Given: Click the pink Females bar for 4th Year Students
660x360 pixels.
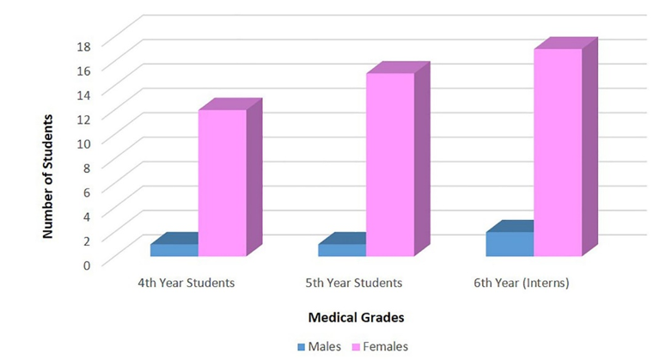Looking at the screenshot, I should (x=222, y=183).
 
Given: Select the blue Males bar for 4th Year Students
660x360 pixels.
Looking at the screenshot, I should (x=174, y=250).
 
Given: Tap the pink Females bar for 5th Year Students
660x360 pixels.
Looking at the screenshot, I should (x=389, y=165).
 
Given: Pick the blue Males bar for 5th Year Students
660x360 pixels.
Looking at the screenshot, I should (x=341, y=250).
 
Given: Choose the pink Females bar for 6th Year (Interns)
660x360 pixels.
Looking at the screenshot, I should (x=557, y=152).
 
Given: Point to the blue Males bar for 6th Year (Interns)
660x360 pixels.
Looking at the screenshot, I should (x=509, y=244).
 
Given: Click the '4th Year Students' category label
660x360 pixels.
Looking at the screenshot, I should (x=186, y=282).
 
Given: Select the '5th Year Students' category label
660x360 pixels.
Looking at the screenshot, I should (x=354, y=282).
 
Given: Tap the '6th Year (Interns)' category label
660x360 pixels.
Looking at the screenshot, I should (x=522, y=282).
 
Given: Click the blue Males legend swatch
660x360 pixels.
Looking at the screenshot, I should (x=302, y=347).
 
